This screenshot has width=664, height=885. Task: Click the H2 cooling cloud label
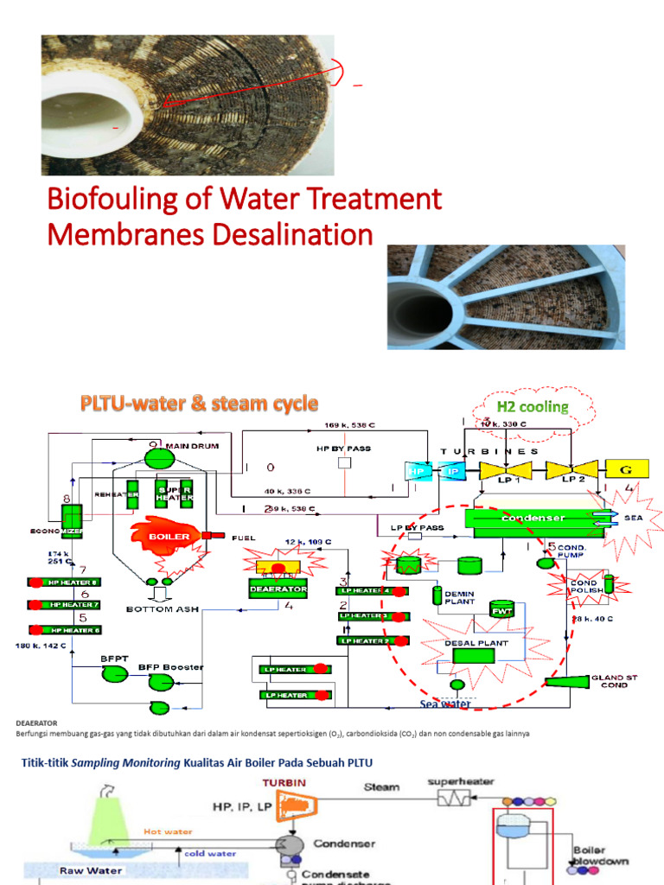532,406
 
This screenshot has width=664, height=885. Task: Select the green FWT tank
502,610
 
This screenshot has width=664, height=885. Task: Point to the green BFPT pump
114,673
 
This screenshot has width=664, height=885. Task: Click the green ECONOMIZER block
70,517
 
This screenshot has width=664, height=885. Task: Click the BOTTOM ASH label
164,609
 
